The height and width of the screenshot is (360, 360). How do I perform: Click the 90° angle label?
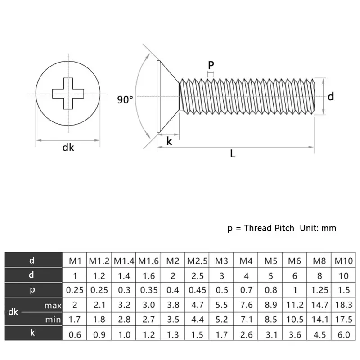point(125,100)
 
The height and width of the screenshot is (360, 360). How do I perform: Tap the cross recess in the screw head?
point(68,93)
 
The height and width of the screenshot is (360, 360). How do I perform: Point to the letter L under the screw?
point(233,154)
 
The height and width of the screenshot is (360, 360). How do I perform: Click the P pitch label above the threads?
point(211,65)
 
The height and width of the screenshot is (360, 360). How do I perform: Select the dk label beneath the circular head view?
point(68,147)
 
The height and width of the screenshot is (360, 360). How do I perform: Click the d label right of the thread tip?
point(330,96)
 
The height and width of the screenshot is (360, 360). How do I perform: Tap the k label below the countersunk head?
point(169,141)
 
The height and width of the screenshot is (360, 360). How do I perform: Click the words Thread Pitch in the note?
point(269,228)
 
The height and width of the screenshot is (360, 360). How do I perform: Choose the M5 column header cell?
point(271,261)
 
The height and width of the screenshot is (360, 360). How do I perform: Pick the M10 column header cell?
point(344,261)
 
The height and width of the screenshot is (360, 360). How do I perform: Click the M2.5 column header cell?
point(197,261)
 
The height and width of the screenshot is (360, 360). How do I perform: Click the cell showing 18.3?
point(344,305)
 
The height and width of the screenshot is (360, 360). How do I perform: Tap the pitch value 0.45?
point(197,290)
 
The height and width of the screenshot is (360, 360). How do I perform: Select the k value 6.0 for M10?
point(344,335)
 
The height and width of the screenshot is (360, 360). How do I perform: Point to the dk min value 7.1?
point(246,320)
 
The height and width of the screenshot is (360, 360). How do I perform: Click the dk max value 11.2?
point(295,305)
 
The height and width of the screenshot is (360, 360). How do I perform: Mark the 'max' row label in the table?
point(53,306)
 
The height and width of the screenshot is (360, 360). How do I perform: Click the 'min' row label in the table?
point(53,320)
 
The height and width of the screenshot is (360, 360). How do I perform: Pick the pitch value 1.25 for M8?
point(319,290)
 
